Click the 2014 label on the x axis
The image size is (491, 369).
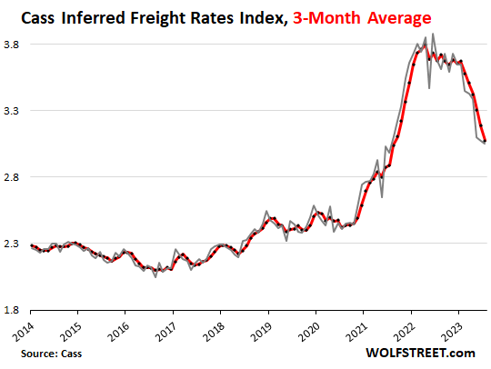pos(25,330)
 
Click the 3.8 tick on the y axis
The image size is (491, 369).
pos(14,44)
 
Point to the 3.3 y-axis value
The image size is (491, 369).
pos(14,110)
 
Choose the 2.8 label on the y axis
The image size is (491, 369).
pos(14,176)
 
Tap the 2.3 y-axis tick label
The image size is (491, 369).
pos(14,244)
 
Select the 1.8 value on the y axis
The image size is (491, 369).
pos(14,310)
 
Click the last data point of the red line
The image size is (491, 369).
pos(485,141)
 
